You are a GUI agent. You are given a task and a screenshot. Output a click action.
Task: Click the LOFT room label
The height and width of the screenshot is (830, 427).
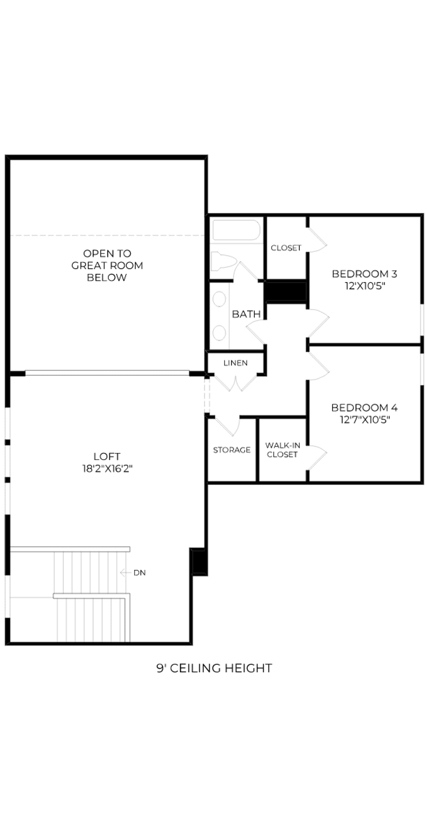107,456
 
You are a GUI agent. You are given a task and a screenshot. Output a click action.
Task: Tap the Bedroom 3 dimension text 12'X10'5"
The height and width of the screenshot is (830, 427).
365,286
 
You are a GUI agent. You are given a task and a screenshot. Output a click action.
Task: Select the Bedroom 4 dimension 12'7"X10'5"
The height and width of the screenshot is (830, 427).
365,419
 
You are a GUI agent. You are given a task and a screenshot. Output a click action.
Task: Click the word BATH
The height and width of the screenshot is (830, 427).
246,314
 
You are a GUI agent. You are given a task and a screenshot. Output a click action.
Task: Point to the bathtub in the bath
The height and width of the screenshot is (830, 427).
236,230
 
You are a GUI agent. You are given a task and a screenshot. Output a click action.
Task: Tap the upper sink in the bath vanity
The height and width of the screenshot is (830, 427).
220,299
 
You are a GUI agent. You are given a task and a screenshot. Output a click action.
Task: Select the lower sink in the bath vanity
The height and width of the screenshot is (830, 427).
220,333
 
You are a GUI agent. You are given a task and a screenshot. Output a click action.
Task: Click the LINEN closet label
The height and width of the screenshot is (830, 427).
235,363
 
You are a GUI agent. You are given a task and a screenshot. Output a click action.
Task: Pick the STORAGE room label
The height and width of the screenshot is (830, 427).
232,450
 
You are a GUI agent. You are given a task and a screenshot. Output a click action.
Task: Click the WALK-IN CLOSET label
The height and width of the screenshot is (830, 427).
282,450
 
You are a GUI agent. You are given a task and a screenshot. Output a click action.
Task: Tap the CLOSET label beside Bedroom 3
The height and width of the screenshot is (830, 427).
286,248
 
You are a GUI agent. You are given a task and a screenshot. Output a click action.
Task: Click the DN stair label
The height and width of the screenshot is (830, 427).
140,573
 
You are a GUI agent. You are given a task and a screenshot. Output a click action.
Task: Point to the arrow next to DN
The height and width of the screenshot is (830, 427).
125,573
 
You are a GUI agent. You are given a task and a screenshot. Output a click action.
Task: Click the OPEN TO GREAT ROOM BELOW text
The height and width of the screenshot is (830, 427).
107,266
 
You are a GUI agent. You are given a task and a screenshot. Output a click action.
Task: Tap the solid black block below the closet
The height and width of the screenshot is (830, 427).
286,291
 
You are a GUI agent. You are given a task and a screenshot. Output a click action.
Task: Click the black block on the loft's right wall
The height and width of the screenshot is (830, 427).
199,561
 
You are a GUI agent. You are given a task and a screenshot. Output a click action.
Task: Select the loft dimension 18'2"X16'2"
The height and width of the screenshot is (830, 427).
107,469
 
